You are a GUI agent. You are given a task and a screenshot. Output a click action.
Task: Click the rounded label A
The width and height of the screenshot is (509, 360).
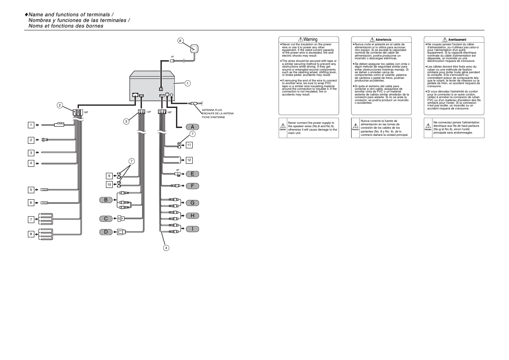pyautogui.click(x=192, y=127)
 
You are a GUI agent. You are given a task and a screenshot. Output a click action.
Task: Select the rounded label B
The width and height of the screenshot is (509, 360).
pyautogui.click(x=106, y=200)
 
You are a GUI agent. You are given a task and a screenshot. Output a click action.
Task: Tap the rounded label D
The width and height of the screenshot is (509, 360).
pyautogui.click(x=106, y=232)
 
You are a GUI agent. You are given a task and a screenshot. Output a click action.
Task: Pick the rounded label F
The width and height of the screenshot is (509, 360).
pyautogui.click(x=192, y=186)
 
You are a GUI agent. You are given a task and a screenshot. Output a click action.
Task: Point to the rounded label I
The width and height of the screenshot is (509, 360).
pyautogui.click(x=192, y=229)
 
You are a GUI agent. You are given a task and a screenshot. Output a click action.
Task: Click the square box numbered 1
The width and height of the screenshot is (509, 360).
pyautogui.click(x=31, y=125)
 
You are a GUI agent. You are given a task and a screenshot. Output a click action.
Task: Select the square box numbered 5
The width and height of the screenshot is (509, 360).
pyautogui.click(x=31, y=190)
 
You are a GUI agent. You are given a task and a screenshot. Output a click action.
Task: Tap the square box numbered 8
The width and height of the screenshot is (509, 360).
pyautogui.click(x=31, y=234)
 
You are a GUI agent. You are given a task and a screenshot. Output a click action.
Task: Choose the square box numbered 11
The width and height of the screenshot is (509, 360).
pyautogui.click(x=189, y=145)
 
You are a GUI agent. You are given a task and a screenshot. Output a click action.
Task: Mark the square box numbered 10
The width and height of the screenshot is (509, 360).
pyautogui.click(x=109, y=185)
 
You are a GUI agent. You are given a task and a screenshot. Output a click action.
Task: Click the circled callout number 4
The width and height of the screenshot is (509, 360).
pyautogui.click(x=166, y=248)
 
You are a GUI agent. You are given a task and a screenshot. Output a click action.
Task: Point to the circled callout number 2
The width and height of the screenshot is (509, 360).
pyautogui.click(x=60, y=105)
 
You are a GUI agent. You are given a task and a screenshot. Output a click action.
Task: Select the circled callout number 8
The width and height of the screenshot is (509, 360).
pyautogui.click(x=180, y=41)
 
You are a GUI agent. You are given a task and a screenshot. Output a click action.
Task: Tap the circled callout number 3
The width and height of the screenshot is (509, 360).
pyautogui.click(x=127, y=121)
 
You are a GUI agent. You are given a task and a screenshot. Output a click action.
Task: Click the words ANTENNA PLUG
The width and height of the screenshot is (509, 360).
pyautogui.click(x=212, y=110)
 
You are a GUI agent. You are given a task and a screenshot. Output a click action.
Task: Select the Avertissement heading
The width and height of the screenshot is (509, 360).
pyautogui.click(x=457, y=40)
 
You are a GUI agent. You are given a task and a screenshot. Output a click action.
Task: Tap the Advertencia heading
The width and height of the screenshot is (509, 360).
pyautogui.click(x=383, y=40)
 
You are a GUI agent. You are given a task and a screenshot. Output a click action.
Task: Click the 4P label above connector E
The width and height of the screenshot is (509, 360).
pyautogui.click(x=178, y=170)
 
